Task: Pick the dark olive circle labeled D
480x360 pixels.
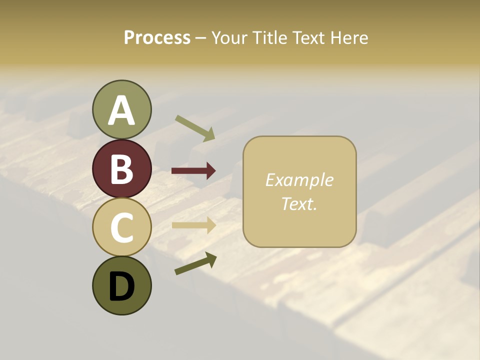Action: tap(121, 285)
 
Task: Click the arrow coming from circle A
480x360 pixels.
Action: tap(195, 127)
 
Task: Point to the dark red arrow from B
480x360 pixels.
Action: tap(193, 171)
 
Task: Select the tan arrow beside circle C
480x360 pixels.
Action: tap(193, 225)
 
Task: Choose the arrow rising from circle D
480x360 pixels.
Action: tap(195, 263)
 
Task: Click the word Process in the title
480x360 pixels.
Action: tap(157, 38)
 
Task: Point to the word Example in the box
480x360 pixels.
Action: tap(299, 180)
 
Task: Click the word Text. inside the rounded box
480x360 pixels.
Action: tap(299, 204)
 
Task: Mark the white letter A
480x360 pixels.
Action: tap(121, 110)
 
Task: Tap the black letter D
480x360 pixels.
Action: tap(121, 286)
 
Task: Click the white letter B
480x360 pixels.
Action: tap(121, 169)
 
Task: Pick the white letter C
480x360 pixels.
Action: tap(121, 227)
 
